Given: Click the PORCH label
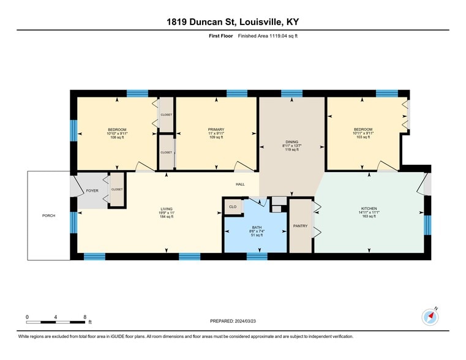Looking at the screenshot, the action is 48,216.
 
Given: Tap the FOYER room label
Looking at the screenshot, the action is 92,190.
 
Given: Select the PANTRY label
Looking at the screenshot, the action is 300,226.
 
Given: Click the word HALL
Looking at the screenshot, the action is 240,184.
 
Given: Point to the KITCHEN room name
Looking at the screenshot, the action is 369,209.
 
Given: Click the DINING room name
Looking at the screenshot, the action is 291,142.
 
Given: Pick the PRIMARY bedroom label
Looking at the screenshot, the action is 216,130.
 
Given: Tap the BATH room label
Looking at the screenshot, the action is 257,228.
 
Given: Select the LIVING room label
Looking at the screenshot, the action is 167,209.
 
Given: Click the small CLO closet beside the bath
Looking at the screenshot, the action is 233,207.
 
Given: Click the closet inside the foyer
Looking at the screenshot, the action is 117,190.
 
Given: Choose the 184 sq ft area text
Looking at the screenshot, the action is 167,217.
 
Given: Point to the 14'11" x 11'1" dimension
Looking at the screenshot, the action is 369,212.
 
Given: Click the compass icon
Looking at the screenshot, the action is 430,317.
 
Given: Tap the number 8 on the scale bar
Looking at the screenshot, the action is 85,317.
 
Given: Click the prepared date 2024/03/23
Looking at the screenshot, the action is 245,321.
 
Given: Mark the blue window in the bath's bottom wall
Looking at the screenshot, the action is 257,257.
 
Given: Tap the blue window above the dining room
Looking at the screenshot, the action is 291,94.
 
